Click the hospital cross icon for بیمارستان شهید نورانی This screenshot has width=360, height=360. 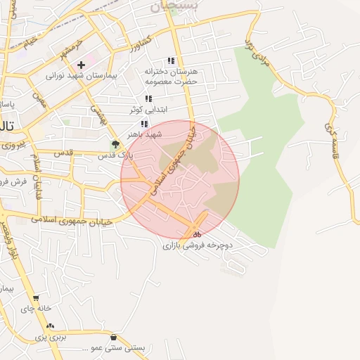82,65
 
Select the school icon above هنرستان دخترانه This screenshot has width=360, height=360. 170,60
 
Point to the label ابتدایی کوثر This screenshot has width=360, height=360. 145,110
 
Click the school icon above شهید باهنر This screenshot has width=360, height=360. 144,124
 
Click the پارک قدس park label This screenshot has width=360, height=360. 107,155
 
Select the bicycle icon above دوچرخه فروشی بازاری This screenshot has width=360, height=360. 198,236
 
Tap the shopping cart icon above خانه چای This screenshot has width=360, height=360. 36,298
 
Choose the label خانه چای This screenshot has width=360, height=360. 35,309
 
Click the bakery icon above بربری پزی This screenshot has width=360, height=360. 50,326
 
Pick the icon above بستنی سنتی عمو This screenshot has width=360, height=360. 113,337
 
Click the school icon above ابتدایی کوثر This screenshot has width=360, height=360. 148,99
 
